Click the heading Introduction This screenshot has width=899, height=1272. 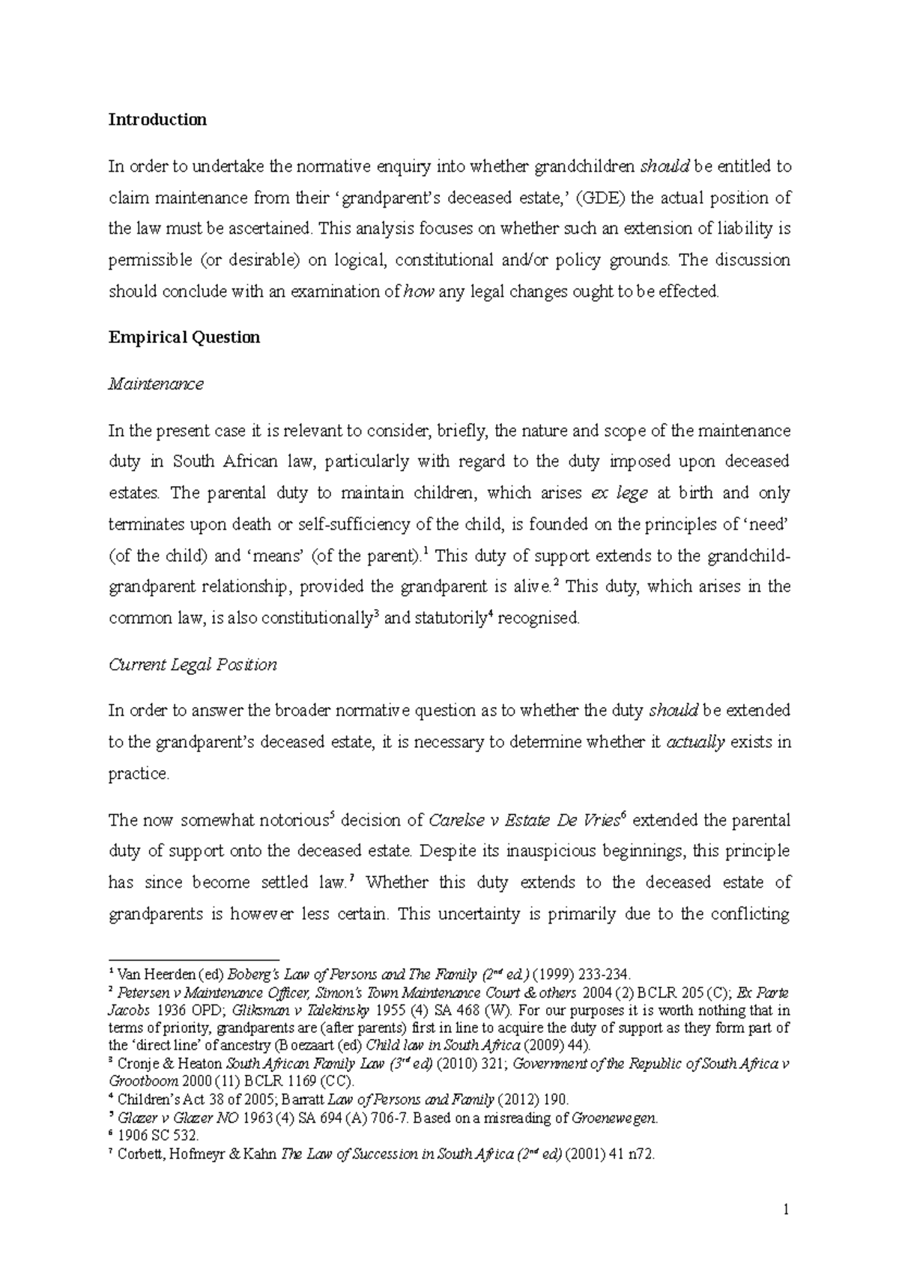tap(157, 120)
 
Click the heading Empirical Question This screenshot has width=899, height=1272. tap(184, 337)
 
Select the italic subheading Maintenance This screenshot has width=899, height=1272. tap(156, 384)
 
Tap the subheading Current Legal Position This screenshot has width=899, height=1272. tap(193, 664)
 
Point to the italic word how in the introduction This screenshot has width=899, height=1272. tap(419, 292)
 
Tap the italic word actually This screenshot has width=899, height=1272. tap(695, 742)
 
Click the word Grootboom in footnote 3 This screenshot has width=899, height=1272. tap(143, 1082)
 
